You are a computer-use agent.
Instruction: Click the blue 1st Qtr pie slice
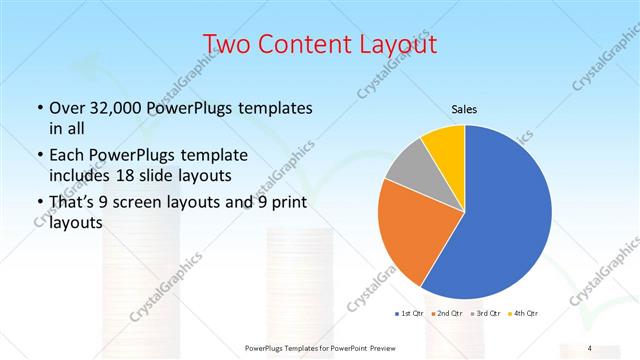pyautogui.click(x=505, y=215)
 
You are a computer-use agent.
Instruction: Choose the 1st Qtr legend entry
pyautogui.click(x=411, y=314)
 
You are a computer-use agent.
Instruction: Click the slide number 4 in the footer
pyautogui.click(x=590, y=347)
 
